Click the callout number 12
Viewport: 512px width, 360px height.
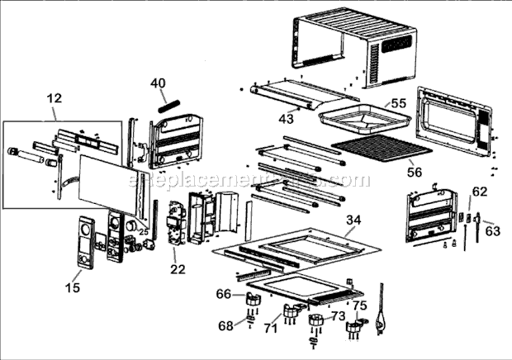tap(55, 98)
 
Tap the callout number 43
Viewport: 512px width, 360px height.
tap(286, 119)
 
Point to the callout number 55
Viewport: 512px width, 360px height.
tap(399, 104)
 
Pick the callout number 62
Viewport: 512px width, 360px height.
tap(480, 191)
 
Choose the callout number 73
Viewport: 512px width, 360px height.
tap(337, 315)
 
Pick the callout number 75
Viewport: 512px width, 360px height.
tap(359, 304)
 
